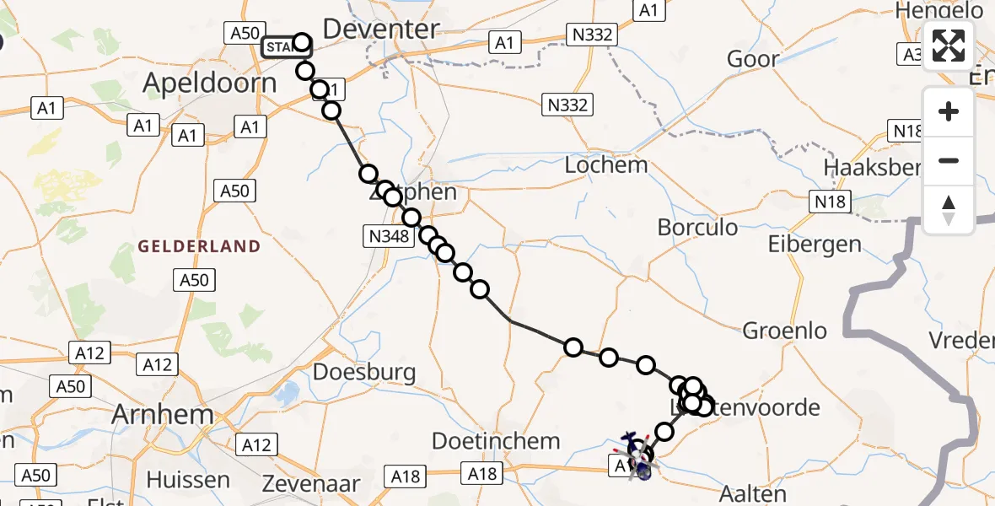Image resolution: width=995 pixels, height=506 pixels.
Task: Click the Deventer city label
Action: [x=381, y=30]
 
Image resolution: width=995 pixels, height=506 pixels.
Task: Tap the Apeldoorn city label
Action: [x=210, y=83]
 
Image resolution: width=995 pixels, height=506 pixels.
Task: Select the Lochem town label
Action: [x=606, y=164]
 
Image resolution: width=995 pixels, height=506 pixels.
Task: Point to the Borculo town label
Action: [x=697, y=228]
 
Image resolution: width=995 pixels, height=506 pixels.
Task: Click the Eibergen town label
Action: [x=815, y=245]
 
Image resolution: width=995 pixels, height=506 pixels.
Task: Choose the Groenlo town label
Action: [x=785, y=331]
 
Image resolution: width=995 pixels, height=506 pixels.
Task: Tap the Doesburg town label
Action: [x=364, y=372]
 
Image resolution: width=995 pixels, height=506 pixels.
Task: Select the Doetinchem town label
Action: [x=496, y=440]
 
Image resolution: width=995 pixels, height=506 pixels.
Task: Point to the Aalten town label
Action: [x=753, y=493]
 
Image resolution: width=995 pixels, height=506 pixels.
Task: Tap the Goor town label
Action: [x=753, y=59]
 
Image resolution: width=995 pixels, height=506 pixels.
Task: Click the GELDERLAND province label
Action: [x=199, y=246]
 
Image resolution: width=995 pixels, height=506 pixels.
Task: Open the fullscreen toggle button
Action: [x=949, y=46]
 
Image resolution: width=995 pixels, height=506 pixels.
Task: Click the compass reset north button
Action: [x=949, y=208]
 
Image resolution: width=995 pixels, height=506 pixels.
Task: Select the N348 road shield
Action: [x=388, y=237]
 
